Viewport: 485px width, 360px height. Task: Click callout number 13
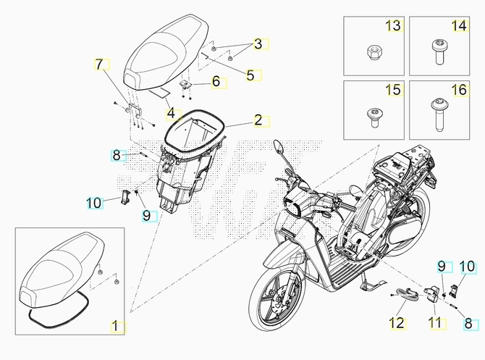[x=394, y=25]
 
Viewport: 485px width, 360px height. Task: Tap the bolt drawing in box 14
[x=438, y=51]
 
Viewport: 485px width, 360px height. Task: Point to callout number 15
[x=394, y=90]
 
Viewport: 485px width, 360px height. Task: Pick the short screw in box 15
[x=373, y=117]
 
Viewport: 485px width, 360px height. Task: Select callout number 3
[x=258, y=44]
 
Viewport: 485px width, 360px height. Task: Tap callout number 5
[x=250, y=75]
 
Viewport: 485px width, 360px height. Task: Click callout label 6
[x=216, y=81]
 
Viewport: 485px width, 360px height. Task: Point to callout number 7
[x=98, y=64]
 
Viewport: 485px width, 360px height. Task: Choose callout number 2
[x=258, y=120]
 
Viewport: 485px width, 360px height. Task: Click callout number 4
[x=171, y=114]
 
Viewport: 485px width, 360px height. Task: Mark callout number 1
[x=115, y=327]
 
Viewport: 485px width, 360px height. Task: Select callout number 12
[x=397, y=324]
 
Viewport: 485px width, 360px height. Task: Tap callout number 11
[x=436, y=324]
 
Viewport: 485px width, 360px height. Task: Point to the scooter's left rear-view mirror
[x=278, y=146]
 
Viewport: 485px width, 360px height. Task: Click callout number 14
[x=460, y=25]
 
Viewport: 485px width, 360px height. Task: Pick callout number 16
[x=460, y=90]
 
